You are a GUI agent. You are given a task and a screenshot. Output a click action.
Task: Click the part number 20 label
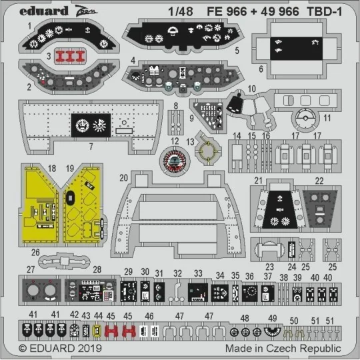tap(123, 177)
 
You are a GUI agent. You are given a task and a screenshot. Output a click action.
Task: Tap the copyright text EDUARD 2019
tap(57, 349)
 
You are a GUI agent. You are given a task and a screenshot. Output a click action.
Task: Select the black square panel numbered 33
tap(199, 291)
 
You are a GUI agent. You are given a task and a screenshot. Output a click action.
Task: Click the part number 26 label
tap(35, 252)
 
